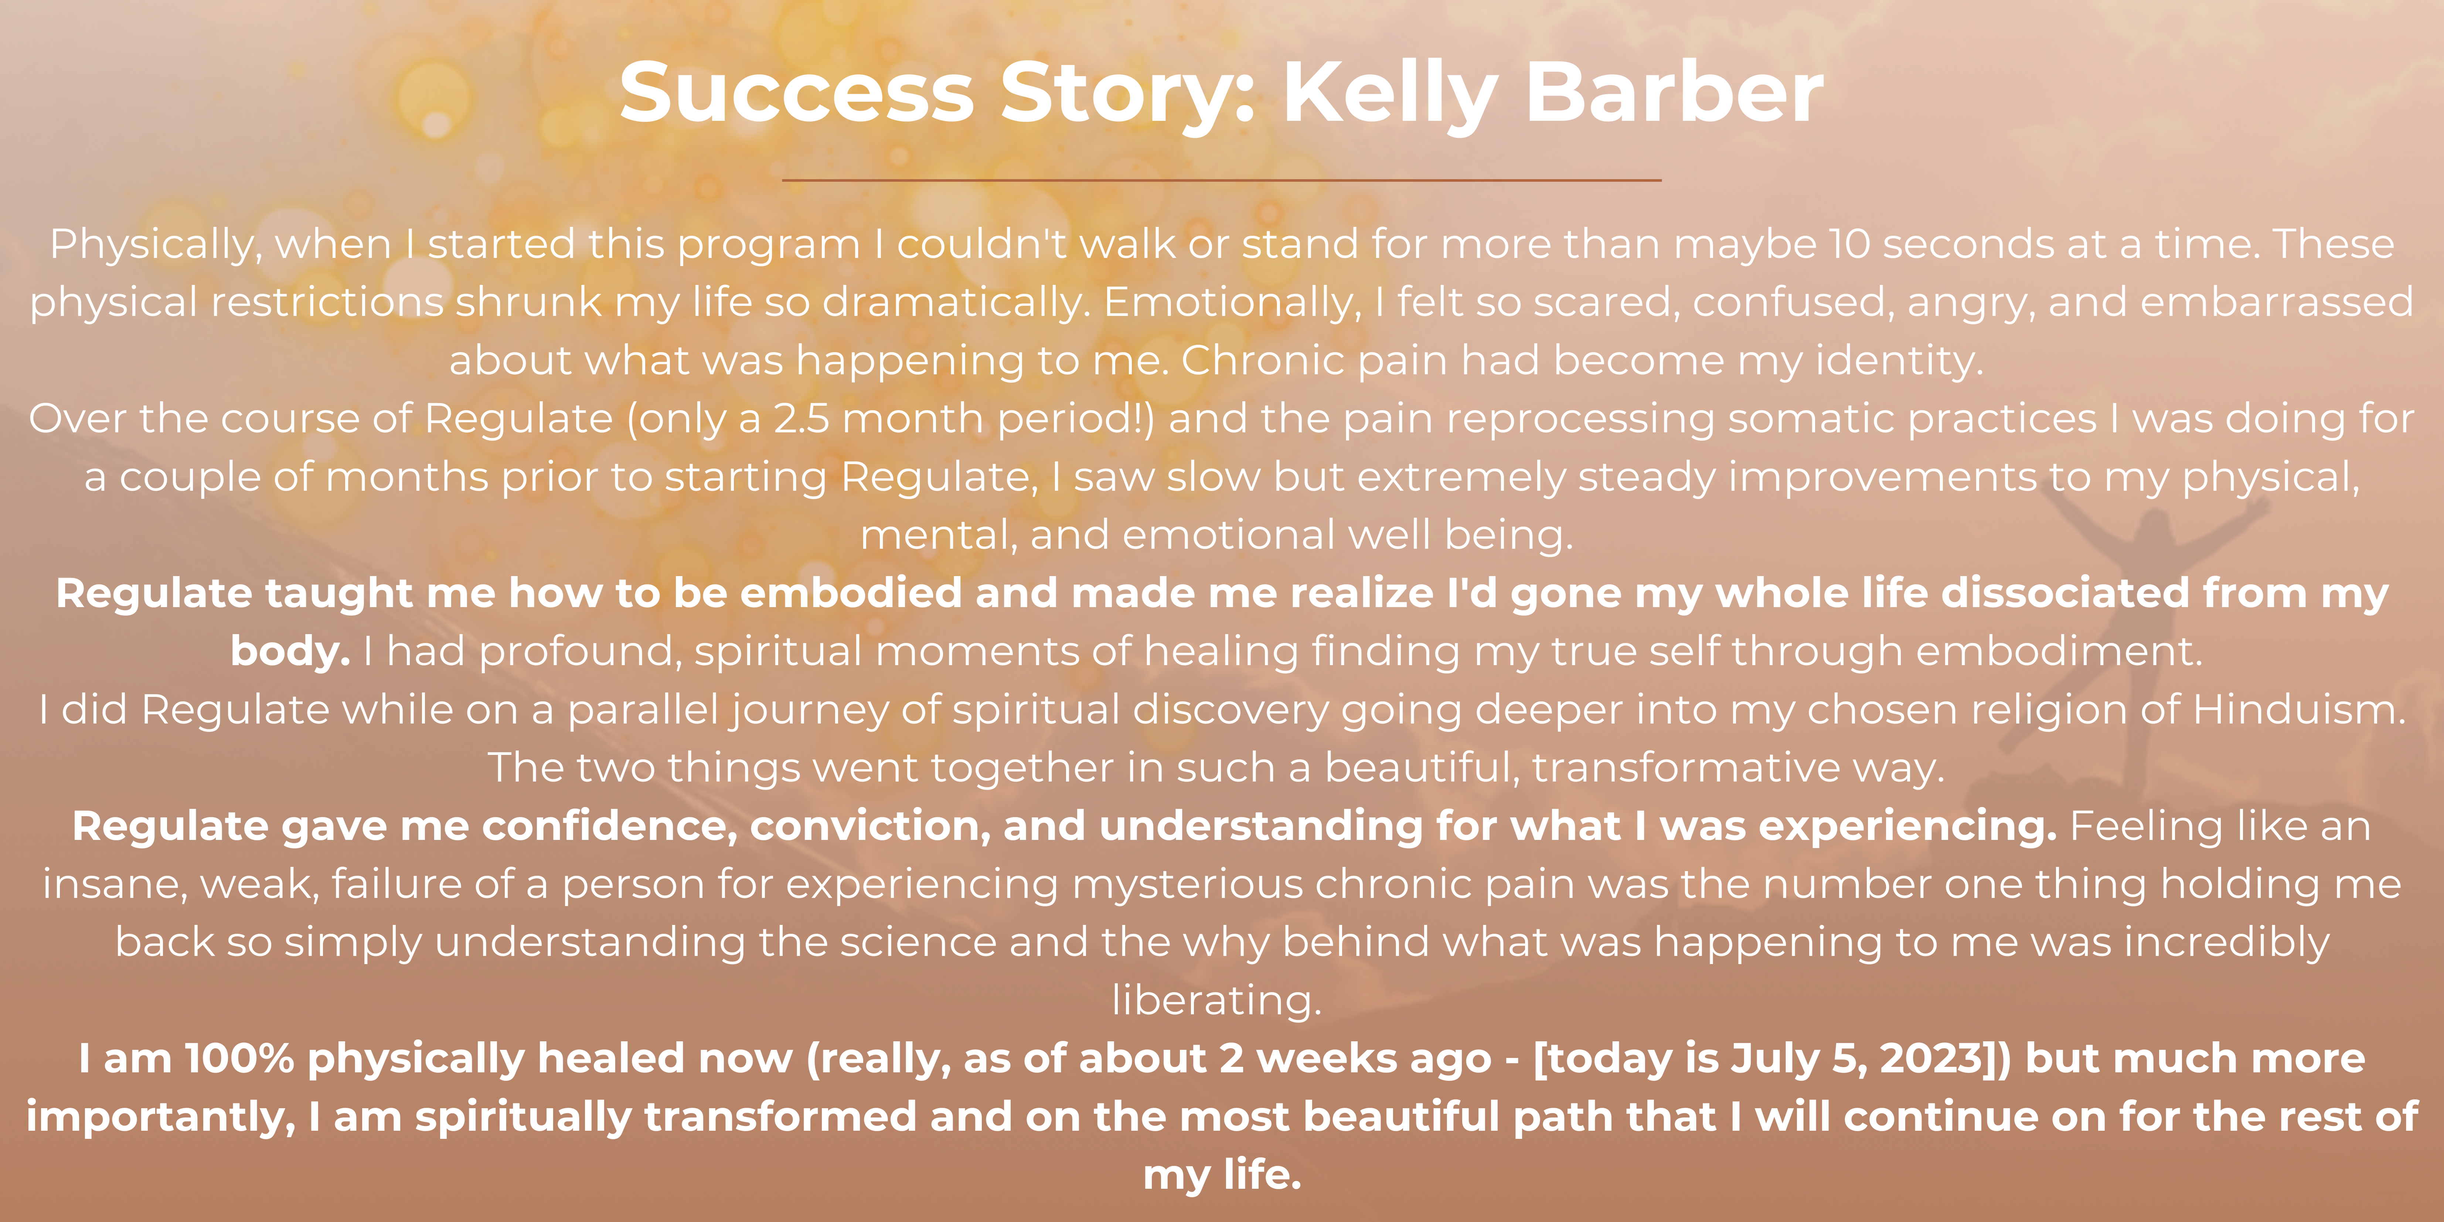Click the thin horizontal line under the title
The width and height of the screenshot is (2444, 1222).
[1222, 179]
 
